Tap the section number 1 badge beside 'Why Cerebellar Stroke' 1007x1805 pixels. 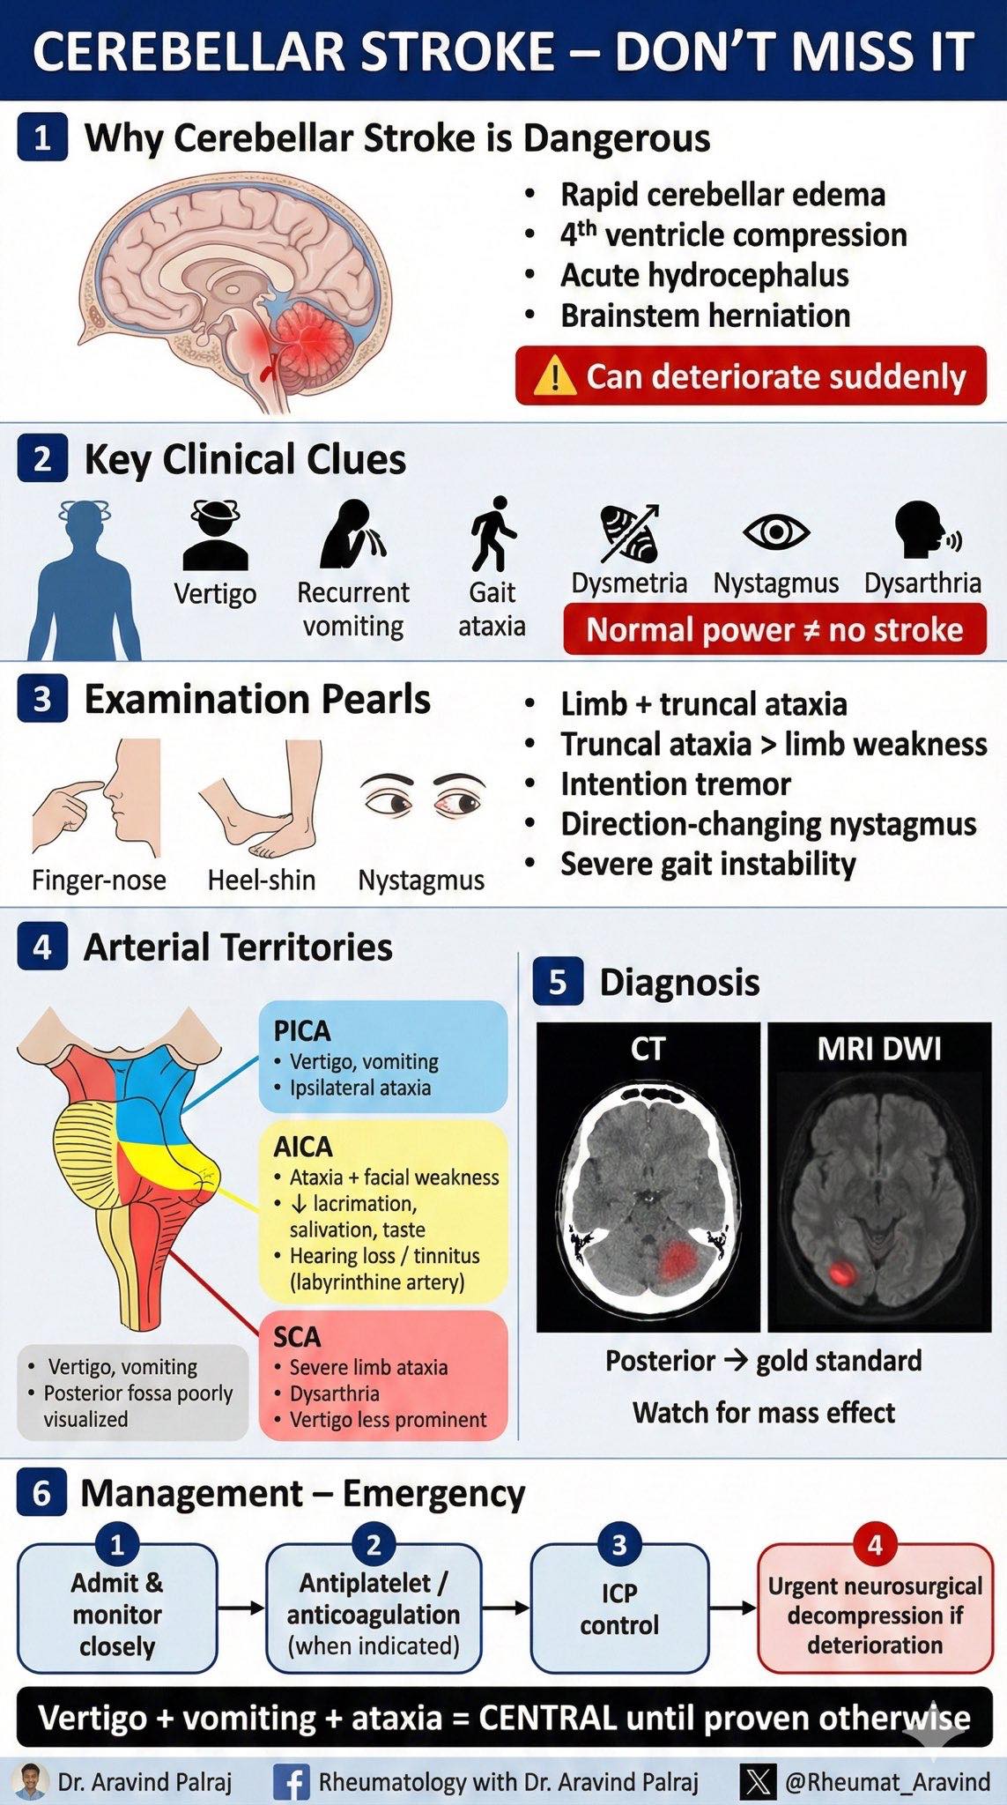point(42,139)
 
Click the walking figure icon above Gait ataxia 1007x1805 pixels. point(492,533)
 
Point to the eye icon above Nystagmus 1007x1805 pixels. point(775,531)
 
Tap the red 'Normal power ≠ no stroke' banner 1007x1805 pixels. point(774,629)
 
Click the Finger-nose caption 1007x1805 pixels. point(99,880)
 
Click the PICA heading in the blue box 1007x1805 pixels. point(301,1030)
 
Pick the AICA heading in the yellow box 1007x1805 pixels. point(303,1147)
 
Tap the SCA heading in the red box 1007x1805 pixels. point(297,1337)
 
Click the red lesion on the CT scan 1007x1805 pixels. point(676,1260)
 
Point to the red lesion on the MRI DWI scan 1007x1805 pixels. point(843,1272)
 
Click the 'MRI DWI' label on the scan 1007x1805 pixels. point(879,1049)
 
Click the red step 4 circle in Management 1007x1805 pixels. point(875,1544)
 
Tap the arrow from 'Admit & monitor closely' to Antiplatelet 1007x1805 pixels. point(241,1608)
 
